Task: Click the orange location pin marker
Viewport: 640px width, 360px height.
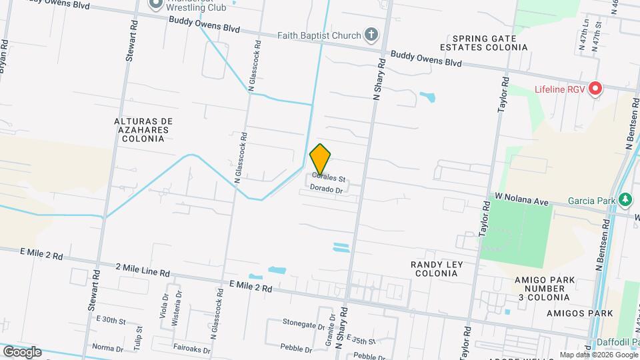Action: click(321, 159)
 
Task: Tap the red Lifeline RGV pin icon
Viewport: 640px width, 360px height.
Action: click(595, 89)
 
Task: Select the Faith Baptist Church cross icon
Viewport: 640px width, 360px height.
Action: click(371, 35)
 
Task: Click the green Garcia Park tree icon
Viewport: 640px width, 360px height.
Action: click(625, 199)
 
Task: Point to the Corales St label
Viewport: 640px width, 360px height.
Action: click(329, 179)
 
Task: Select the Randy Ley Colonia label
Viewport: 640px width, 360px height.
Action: click(437, 269)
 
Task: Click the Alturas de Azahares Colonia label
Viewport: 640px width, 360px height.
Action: click(143, 130)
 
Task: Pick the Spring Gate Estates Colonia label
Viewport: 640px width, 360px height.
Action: click(479, 43)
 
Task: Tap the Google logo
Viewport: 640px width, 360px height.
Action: click(21, 351)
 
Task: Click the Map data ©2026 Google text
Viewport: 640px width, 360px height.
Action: click(597, 355)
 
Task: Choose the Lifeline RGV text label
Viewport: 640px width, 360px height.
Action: click(560, 89)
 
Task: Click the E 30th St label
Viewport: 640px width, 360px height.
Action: click(111, 320)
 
